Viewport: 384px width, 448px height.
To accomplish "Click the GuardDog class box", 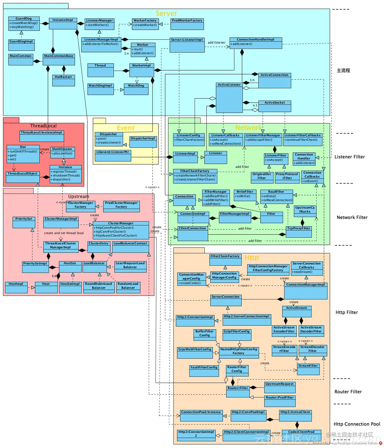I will pos(24,23).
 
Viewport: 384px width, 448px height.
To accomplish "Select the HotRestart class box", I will pos(63,80).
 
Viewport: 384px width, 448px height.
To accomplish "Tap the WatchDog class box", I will pos(136,89).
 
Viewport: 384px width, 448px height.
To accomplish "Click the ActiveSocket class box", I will pos(274,106).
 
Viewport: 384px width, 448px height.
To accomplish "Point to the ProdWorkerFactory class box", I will pos(187,24).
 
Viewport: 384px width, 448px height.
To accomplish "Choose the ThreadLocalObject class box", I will pos(23,177).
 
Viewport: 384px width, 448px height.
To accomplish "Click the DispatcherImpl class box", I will pos(143,141).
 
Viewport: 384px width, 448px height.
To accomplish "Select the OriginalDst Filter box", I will pos(261,176).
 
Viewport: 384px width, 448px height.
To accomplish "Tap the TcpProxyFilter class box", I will pos(299,232).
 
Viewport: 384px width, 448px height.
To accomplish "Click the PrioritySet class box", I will pos(24,222).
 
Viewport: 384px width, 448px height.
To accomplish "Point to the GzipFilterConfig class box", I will pos(236,334).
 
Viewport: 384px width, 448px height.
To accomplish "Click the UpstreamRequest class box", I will pos(279,387).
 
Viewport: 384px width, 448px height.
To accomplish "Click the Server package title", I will pos(166,14).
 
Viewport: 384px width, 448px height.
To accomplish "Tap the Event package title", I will pos(125,128).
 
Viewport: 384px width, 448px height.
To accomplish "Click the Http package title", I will pos(251,258).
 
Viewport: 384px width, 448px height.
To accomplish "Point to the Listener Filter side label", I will pos(350,157).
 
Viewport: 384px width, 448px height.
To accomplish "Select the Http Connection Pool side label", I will pos(357,424).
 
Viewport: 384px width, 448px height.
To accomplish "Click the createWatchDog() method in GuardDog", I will pos(24,23).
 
